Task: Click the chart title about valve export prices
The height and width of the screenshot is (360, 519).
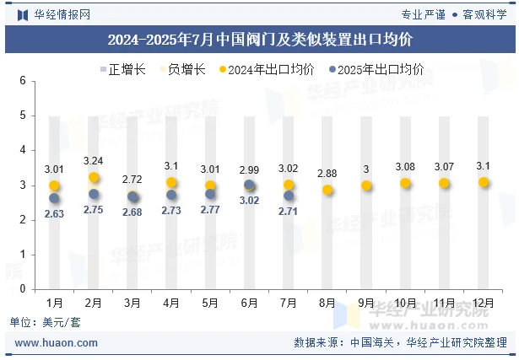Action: point(260,40)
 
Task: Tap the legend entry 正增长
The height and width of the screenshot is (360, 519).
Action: point(122,70)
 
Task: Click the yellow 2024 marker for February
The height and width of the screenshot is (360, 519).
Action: point(94,178)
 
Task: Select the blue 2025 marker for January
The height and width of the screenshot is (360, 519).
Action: point(55,198)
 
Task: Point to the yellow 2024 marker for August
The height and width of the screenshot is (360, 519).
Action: point(327,191)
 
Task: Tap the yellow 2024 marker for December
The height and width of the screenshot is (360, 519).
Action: point(484,182)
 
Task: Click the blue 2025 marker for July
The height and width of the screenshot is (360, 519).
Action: point(289,196)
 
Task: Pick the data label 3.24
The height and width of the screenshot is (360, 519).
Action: point(94,160)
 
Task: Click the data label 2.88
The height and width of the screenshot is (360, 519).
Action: point(327,173)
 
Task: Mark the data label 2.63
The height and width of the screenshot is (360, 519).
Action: point(55,214)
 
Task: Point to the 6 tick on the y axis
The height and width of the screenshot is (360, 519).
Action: point(24,81)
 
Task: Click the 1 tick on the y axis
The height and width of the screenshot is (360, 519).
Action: point(24,255)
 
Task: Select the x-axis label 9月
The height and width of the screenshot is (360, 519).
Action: point(366,302)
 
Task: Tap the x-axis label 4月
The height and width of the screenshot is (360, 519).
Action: point(171,302)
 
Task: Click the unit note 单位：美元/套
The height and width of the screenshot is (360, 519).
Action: point(46,322)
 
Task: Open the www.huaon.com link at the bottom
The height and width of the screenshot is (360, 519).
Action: point(57,343)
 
